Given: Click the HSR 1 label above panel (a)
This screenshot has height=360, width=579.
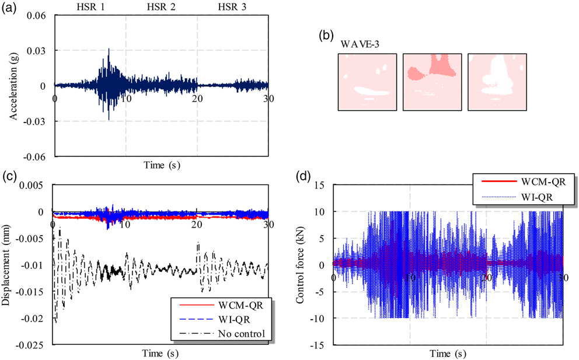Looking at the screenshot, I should pos(90,6).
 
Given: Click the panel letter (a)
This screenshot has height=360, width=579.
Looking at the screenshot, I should pos(9,8).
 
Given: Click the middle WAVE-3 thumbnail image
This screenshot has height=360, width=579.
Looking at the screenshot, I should pos(432,82).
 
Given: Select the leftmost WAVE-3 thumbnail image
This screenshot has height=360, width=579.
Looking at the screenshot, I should pos(367,82).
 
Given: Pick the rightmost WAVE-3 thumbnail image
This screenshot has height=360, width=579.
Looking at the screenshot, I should pos(497,82).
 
